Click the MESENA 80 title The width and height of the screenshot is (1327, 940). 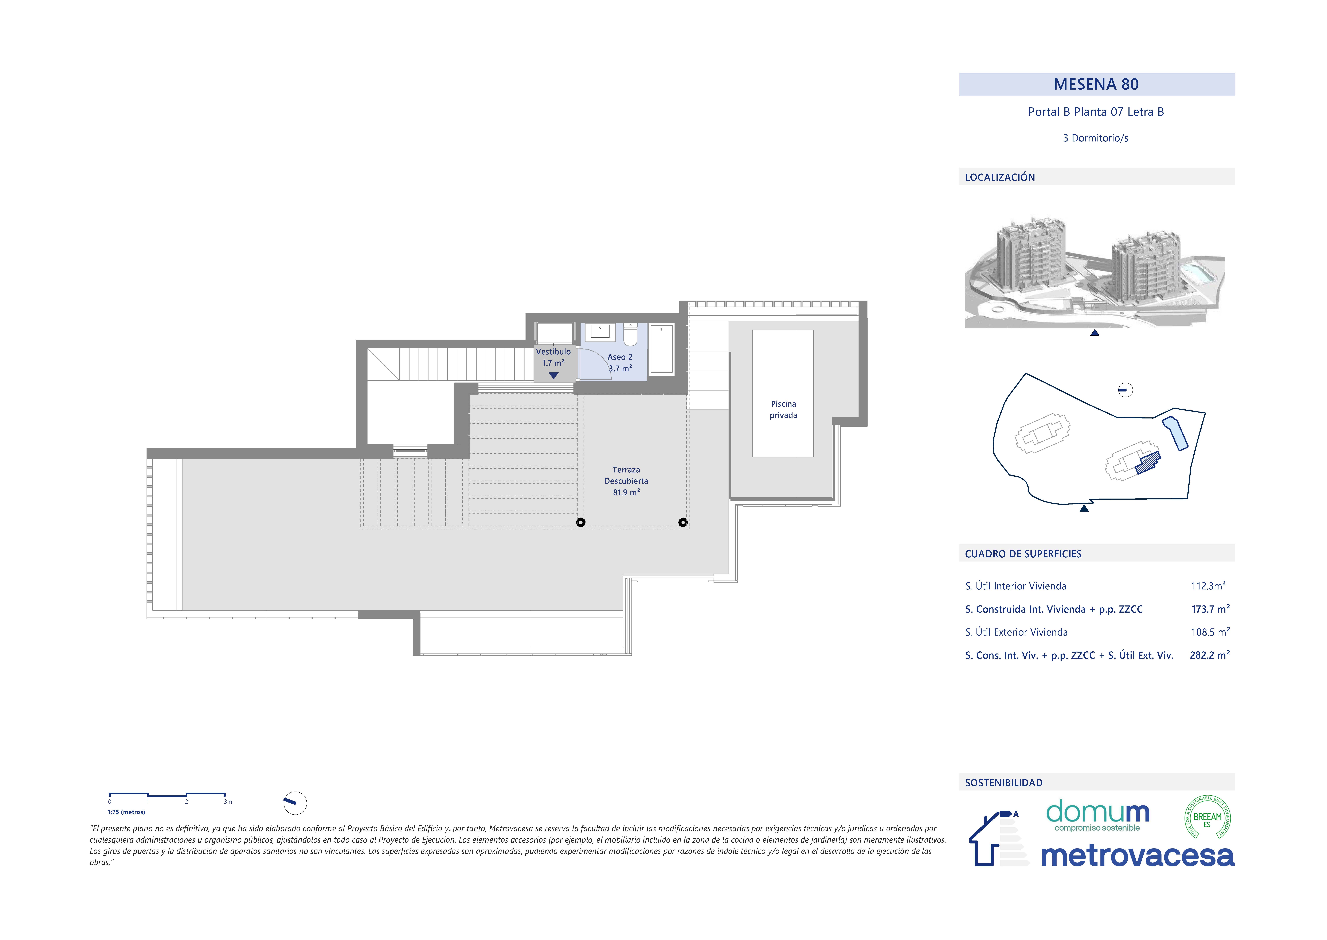coord(1096,85)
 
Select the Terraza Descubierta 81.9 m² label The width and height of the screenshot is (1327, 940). coord(626,481)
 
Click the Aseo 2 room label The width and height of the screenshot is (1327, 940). coord(620,357)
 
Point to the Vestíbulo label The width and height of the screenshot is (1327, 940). coord(553,351)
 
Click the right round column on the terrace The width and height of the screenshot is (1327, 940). coord(683,523)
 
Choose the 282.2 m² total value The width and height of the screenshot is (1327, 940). coord(1210,655)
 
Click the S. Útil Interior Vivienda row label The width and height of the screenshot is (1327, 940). coord(1016,586)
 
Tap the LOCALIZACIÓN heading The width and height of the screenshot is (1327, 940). coord(1000,177)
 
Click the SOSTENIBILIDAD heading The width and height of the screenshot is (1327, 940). coord(1003,783)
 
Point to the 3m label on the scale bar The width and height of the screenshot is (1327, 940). coord(228,802)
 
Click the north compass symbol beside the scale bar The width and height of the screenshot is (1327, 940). coord(295,803)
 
